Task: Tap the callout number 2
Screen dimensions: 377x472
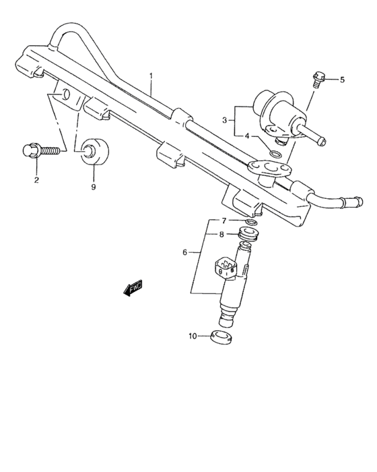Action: [36, 180]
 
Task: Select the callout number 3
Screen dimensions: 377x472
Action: [224, 121]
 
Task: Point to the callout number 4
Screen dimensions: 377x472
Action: [247, 136]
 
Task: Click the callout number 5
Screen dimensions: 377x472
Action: [342, 80]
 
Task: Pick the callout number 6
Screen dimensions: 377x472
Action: [185, 252]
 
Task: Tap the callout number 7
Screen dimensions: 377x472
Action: [224, 221]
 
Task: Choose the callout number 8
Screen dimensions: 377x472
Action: [221, 234]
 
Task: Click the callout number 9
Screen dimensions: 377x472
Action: [94, 187]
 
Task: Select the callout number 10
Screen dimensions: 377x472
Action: [193, 336]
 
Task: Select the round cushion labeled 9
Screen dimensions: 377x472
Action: [94, 152]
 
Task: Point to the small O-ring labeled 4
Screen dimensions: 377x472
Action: [276, 154]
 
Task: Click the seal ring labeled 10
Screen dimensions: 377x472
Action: [221, 337]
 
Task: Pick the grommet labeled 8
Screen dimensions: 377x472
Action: [248, 234]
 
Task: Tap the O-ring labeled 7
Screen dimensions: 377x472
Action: [251, 223]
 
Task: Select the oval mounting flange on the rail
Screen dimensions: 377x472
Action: [270, 167]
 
